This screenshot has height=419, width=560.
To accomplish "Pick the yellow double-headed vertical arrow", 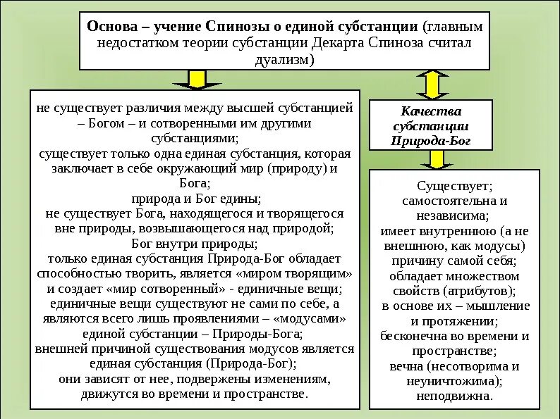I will (432, 83).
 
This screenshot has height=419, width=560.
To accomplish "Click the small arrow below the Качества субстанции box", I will (437, 160).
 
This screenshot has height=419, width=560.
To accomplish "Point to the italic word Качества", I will (431, 111).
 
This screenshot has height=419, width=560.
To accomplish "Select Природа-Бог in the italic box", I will (431, 140).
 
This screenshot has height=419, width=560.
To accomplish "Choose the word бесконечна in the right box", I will (412, 335).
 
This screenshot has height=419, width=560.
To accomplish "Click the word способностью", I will (78, 273).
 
